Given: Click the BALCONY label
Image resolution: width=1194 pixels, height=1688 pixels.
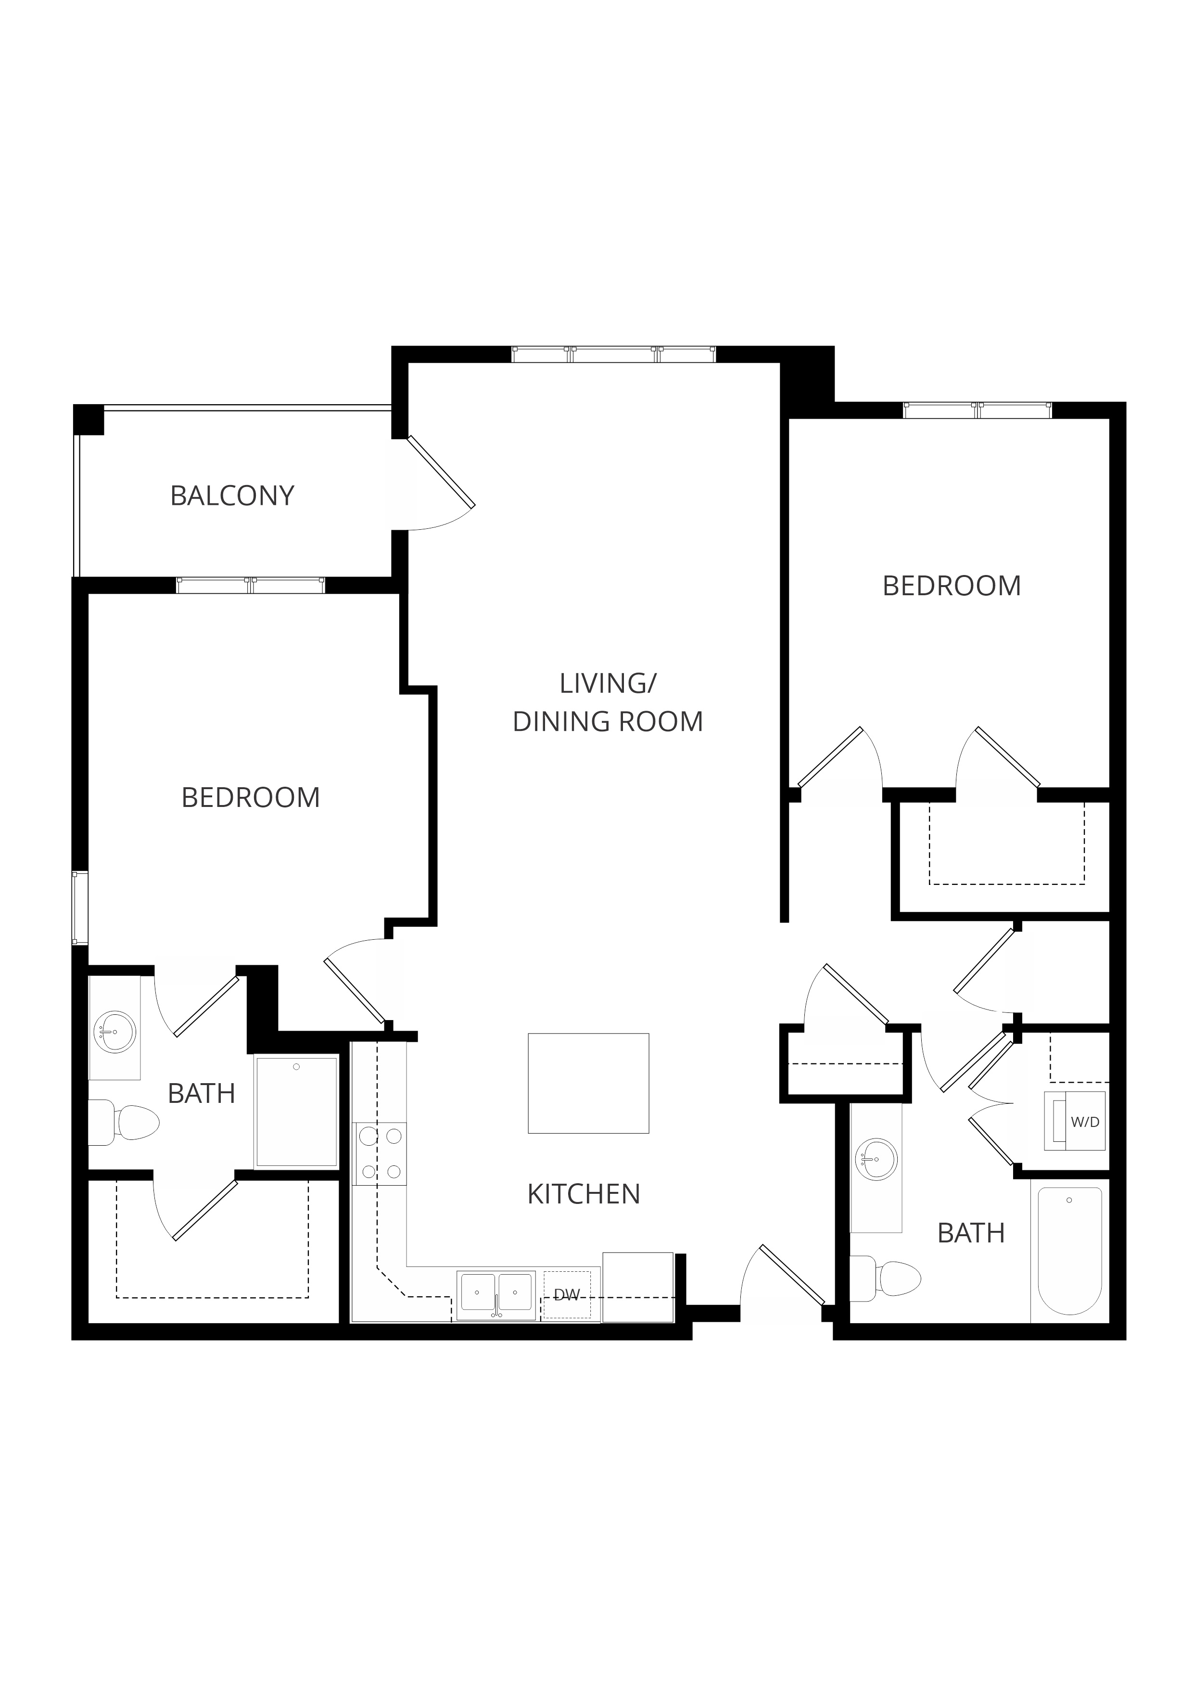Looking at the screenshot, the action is [232, 496].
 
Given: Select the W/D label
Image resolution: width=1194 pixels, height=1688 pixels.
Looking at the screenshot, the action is [1085, 1123].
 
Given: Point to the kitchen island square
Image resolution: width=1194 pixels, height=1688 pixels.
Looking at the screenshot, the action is [588, 1083].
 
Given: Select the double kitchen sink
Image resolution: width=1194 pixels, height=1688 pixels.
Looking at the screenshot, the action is [496, 1295].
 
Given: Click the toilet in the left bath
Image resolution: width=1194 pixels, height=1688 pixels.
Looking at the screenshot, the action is [124, 1123].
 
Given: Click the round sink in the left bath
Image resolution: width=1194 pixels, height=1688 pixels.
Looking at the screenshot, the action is [114, 1032].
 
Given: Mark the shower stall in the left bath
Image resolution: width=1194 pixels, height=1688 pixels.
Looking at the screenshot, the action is [296, 1112].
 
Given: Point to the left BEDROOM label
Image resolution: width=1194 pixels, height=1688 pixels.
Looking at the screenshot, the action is [251, 798].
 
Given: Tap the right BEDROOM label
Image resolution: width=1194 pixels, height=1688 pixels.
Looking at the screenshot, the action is [952, 586].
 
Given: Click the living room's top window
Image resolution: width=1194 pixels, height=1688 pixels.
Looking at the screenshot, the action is [614, 354].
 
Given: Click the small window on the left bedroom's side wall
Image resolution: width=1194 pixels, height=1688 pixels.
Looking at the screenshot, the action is [79, 908].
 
